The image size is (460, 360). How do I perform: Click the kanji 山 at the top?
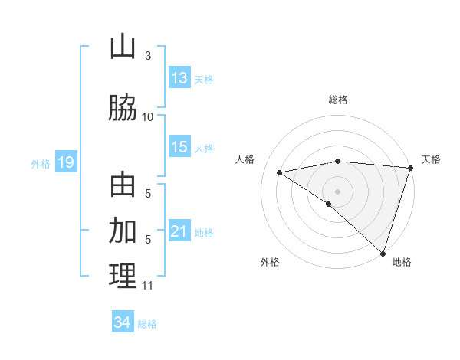[x=123, y=47]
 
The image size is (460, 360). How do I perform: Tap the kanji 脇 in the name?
[x=123, y=108]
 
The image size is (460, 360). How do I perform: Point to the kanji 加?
[x=123, y=231]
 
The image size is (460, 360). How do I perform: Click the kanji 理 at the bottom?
[x=123, y=277]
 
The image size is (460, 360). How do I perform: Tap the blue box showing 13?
[x=179, y=77]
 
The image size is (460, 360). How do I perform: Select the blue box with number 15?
[x=179, y=147]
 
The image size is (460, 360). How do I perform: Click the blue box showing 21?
[x=179, y=231]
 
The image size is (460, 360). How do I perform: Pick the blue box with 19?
[x=65, y=162]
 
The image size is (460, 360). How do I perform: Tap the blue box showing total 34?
[x=123, y=322]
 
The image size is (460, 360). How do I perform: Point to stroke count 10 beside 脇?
[x=148, y=116]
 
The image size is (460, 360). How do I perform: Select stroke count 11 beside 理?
[x=148, y=286]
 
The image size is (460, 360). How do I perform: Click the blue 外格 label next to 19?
[x=40, y=163]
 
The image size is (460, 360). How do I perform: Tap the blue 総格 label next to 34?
[x=147, y=324]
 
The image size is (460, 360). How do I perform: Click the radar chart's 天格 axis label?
[x=431, y=159]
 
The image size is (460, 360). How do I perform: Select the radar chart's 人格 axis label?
[x=245, y=159]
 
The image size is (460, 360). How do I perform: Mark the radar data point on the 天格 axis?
[x=410, y=167]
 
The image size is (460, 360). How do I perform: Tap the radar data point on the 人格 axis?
[x=279, y=172]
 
